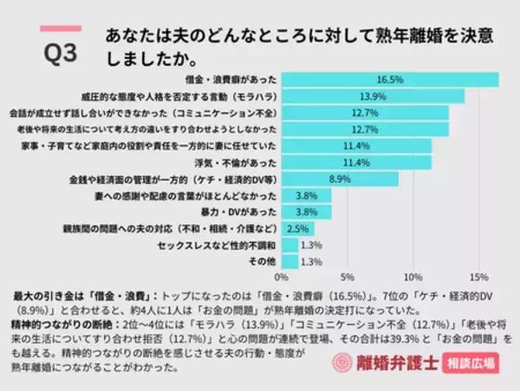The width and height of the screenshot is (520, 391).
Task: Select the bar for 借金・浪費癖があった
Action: tap(389, 80)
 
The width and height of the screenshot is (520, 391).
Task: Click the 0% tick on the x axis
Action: tap(281, 278)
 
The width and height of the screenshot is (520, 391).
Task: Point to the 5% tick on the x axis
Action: tap(347, 278)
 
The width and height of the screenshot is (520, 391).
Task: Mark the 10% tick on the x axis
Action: tap(413, 278)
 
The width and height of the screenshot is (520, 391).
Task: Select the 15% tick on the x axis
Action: tap(478, 278)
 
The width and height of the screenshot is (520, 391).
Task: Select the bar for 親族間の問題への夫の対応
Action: tap(296, 228)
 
